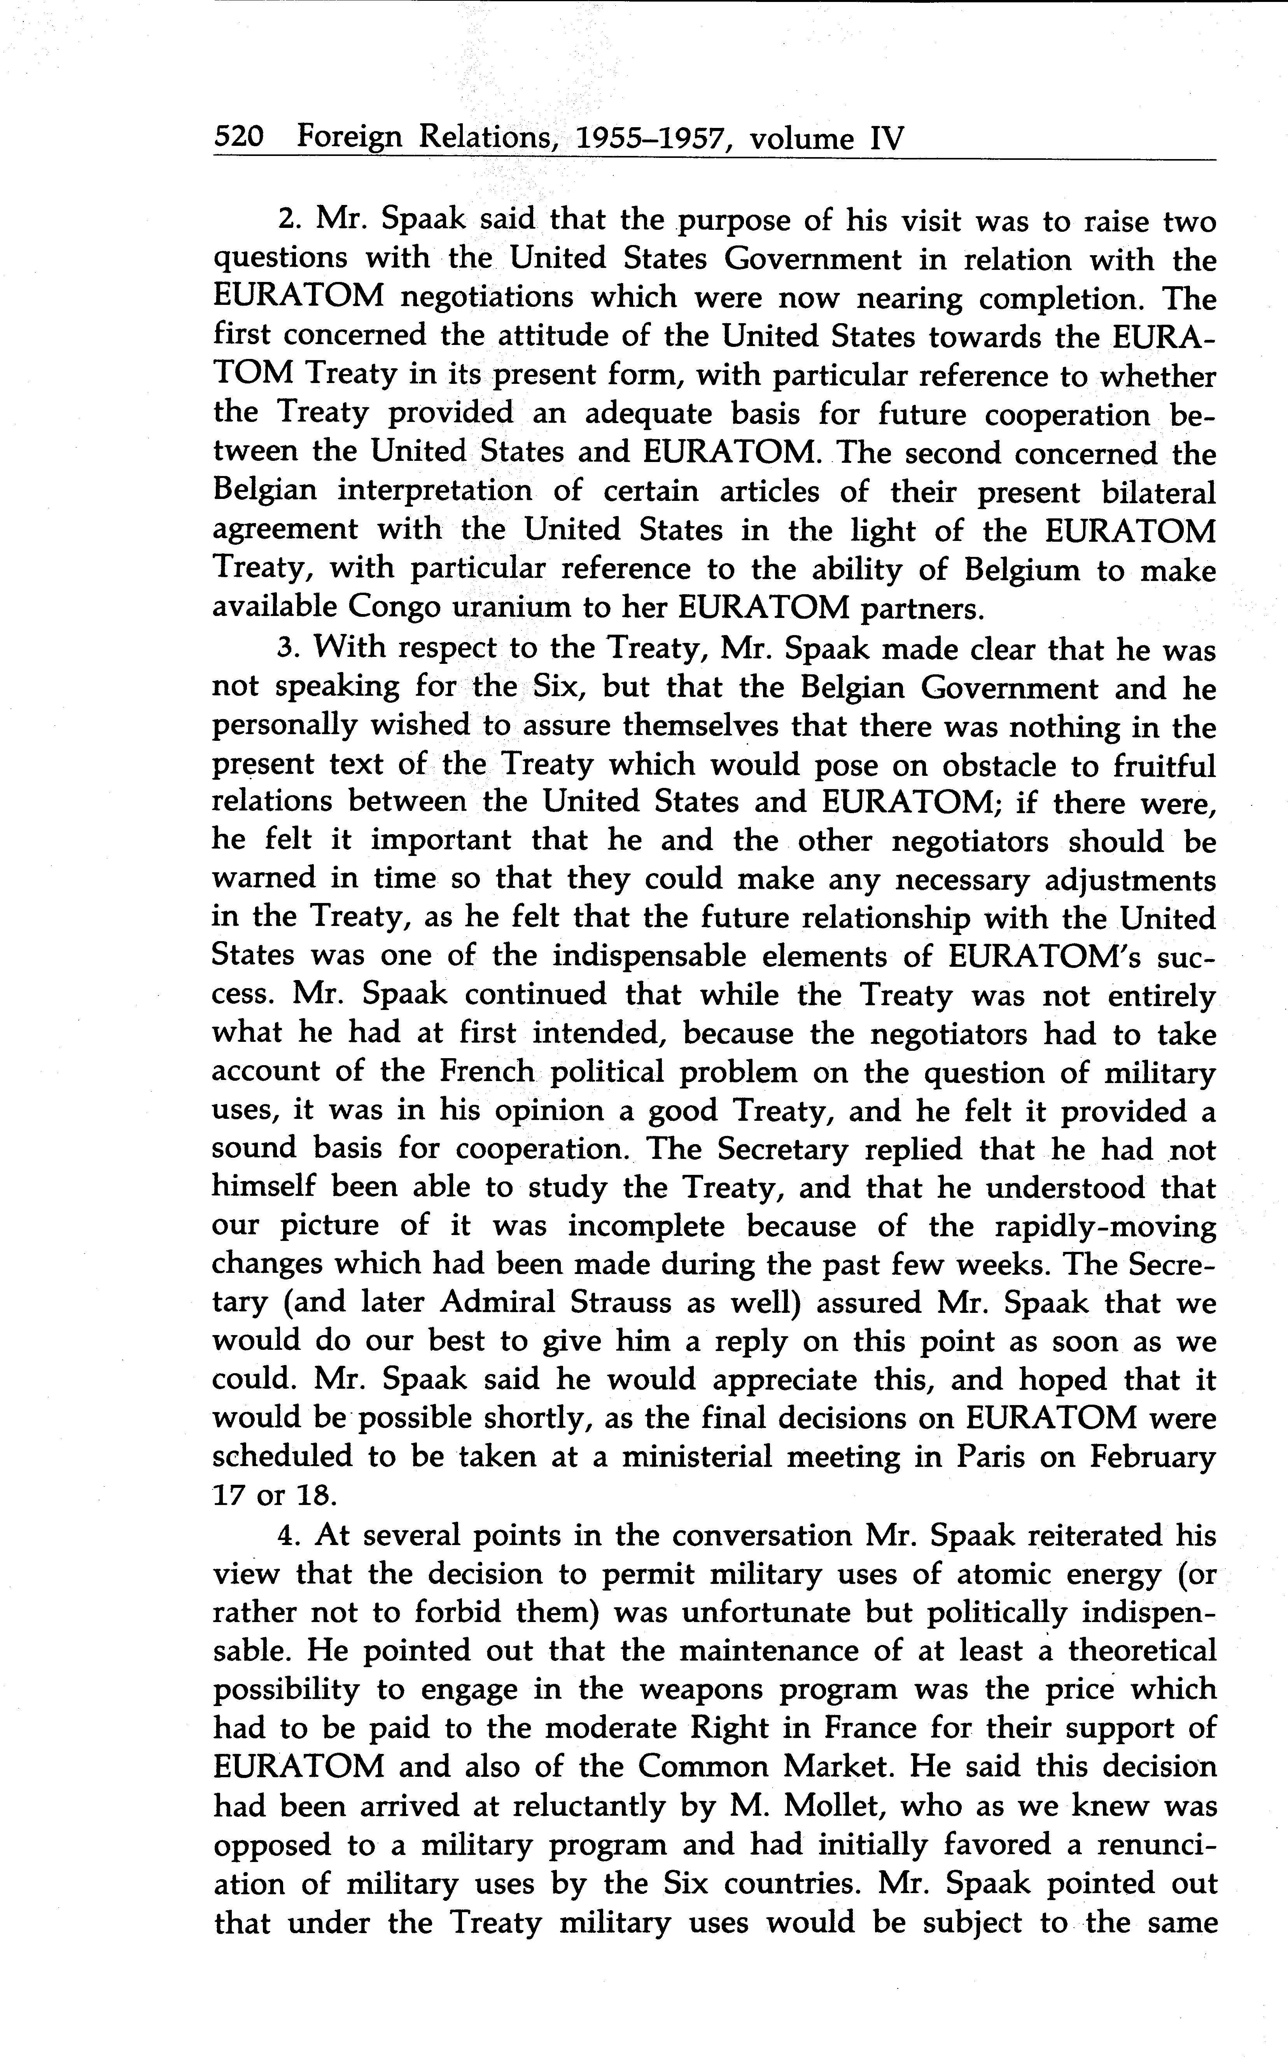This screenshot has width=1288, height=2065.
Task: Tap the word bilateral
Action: pyautogui.click(x=1160, y=492)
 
